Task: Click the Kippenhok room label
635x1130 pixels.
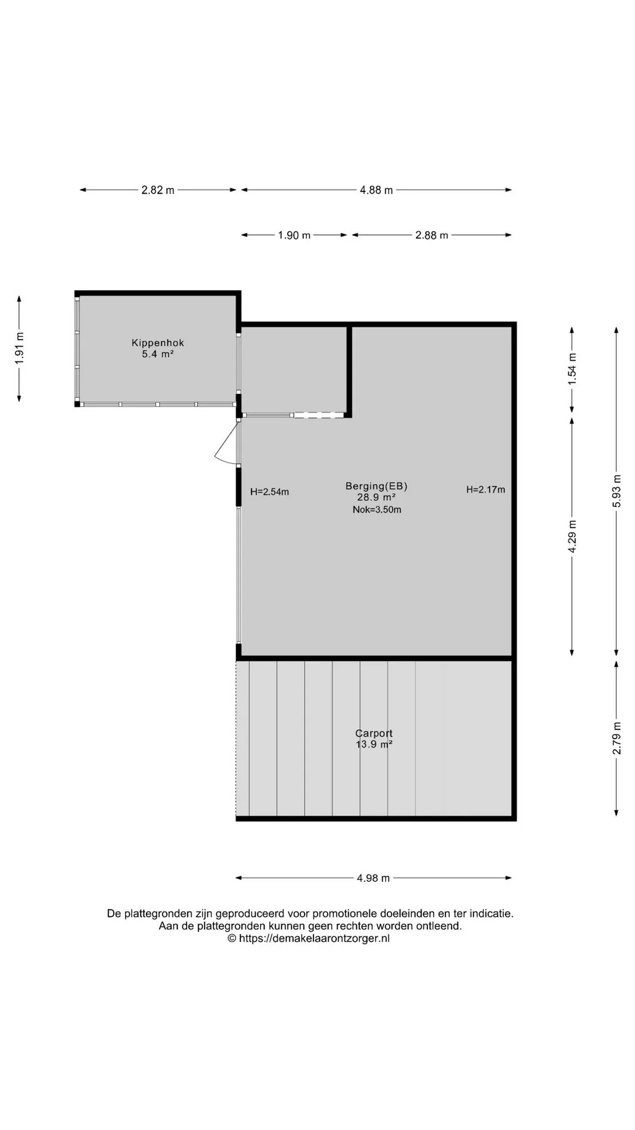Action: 158,343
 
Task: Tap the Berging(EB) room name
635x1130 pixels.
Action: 376,486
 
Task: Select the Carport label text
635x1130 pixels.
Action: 374,733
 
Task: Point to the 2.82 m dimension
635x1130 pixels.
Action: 158,190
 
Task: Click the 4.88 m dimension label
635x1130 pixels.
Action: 376,190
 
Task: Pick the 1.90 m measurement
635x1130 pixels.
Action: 294,235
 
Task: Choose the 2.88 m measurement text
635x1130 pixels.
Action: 432,235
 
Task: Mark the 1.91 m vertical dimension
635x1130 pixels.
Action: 20,348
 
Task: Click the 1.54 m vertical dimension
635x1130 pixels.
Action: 572,369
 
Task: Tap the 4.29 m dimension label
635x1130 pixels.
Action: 572,536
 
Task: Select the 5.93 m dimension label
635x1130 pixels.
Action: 617,491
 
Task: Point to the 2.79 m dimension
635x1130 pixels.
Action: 617,738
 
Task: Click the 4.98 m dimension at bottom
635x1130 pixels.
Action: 373,878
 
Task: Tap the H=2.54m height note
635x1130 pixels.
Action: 269,492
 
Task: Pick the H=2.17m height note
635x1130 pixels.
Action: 486,489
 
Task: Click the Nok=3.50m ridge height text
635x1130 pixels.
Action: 377,510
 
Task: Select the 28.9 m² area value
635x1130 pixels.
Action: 376,497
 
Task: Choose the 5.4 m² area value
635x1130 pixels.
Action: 158,354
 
